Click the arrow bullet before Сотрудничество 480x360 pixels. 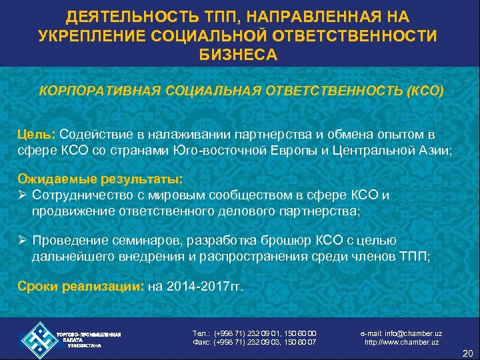pos(22,195)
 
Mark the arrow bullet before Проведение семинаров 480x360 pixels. pos(22,241)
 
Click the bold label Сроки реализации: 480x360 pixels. pos(80,287)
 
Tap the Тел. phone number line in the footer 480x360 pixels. pos(253,333)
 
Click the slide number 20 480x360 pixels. pos(467,353)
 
